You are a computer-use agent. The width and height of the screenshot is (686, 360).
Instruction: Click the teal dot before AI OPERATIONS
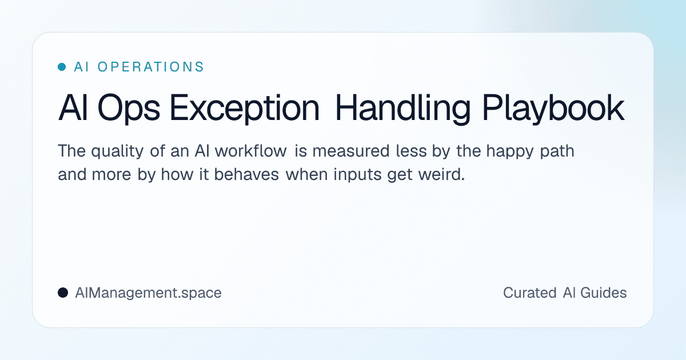(62, 67)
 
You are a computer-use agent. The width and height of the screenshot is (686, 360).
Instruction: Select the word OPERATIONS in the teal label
(151, 67)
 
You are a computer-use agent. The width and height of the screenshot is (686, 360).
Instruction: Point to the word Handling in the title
(403, 109)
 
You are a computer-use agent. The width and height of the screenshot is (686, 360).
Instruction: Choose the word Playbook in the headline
(553, 109)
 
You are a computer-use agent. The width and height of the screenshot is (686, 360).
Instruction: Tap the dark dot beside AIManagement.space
(63, 293)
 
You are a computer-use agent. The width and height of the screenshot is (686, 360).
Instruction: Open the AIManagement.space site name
(148, 293)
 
